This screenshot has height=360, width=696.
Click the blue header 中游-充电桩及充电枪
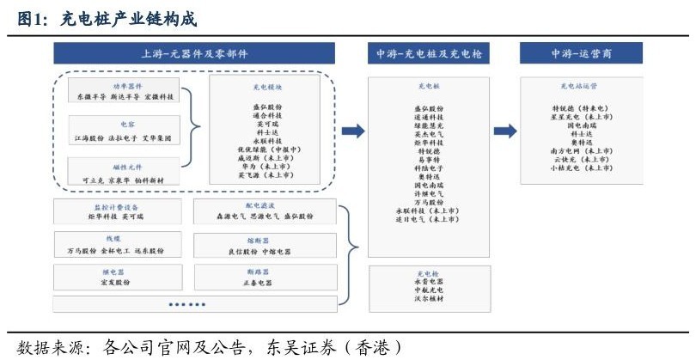[430, 53]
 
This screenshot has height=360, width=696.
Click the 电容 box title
[126, 125]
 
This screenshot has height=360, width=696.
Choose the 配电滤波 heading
[262, 206]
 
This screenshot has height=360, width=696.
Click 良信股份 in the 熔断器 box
[244, 252]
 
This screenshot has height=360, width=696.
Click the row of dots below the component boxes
[186, 304]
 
